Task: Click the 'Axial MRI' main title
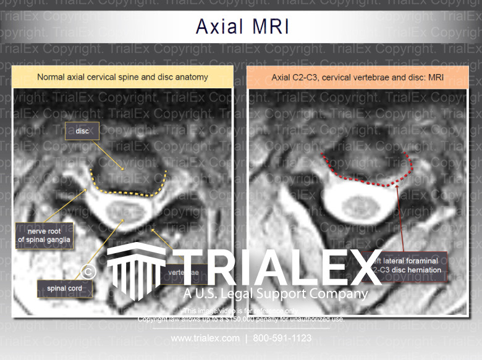click(242, 26)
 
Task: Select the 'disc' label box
click(82, 131)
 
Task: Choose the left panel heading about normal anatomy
click(122, 77)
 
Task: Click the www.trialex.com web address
click(205, 338)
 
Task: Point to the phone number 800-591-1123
click(282, 338)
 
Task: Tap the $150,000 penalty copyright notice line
click(241, 319)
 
